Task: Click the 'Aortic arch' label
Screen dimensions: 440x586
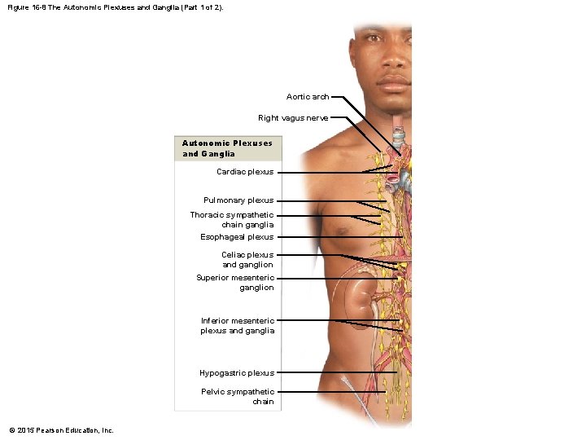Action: click(x=308, y=97)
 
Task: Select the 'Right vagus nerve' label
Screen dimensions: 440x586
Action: click(x=293, y=118)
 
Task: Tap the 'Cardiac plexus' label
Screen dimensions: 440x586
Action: click(x=245, y=172)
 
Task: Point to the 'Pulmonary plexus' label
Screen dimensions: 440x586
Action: click(x=238, y=200)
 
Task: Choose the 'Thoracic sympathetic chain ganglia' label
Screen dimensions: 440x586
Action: click(x=232, y=220)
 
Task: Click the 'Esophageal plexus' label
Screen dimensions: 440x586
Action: click(x=237, y=237)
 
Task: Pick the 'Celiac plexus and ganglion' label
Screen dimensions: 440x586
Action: click(x=247, y=260)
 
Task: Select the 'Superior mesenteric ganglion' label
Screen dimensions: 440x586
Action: click(x=235, y=283)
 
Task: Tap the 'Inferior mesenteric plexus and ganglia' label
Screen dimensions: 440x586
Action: click(x=238, y=326)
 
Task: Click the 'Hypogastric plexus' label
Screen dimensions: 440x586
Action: click(x=237, y=373)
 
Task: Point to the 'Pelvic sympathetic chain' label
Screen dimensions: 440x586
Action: click(x=238, y=397)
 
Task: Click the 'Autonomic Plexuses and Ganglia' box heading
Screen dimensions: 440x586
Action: click(x=227, y=148)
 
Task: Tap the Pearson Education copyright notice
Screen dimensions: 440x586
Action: click(x=62, y=430)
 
